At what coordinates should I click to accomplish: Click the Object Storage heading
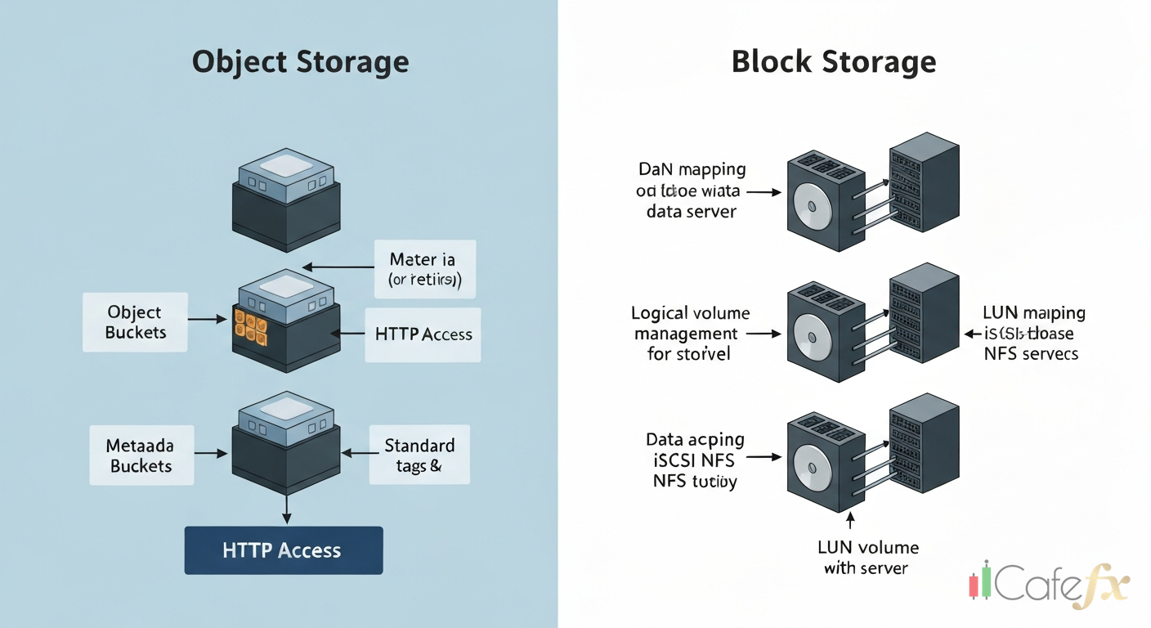pyautogui.click(x=300, y=62)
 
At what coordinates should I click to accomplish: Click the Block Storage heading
pyautogui.click(x=834, y=62)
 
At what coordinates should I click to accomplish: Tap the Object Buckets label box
pyautogui.click(x=135, y=322)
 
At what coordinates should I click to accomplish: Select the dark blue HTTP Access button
pyautogui.click(x=283, y=550)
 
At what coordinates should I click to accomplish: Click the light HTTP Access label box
pyautogui.click(x=423, y=334)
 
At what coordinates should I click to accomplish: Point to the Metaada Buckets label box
pyautogui.click(x=139, y=455)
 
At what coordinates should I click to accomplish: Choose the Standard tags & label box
pyautogui.click(x=419, y=455)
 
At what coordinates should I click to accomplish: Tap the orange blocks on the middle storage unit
pyautogui.click(x=250, y=325)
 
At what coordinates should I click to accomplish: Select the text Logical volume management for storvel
pyautogui.click(x=691, y=334)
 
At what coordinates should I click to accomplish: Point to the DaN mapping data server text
pyautogui.click(x=692, y=190)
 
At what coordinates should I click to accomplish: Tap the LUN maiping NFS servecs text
pyautogui.click(x=1032, y=334)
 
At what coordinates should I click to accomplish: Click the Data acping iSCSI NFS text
pyautogui.click(x=694, y=460)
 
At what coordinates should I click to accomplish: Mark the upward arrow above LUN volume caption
pyautogui.click(x=850, y=520)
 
